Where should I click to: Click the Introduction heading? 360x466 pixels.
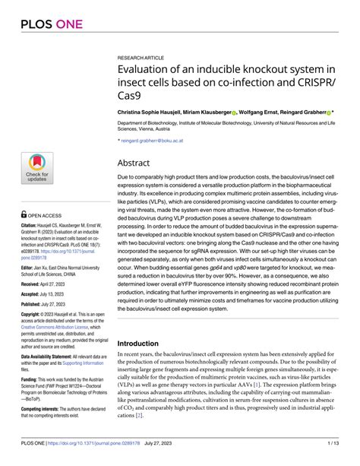click(x=149, y=343)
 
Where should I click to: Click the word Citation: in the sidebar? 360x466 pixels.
click(x=30, y=226)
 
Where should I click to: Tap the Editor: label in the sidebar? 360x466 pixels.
click(x=28, y=268)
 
